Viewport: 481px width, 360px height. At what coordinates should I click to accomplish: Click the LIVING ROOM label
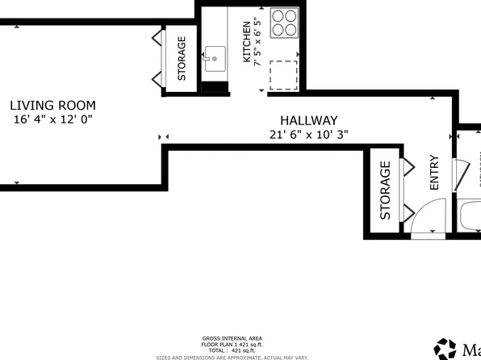[53, 105]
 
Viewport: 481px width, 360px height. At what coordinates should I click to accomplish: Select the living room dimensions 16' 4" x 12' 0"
[53, 119]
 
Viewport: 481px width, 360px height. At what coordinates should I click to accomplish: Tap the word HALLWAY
[309, 120]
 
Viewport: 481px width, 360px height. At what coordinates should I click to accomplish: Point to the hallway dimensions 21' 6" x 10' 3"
[309, 135]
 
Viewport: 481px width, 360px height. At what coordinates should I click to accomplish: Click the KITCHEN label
[248, 42]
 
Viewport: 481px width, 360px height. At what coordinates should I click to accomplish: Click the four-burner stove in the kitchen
[284, 23]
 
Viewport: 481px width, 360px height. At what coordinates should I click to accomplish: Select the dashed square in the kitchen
[283, 75]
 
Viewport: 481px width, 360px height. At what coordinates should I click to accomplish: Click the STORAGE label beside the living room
[182, 59]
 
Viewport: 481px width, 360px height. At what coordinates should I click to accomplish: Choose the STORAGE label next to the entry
[385, 190]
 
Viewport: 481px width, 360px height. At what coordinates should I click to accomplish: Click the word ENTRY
[434, 172]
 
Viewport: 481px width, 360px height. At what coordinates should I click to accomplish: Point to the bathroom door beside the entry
[463, 174]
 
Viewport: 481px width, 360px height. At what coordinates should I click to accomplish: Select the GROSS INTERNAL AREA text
[232, 338]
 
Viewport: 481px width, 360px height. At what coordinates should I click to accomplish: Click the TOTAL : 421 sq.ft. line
[232, 350]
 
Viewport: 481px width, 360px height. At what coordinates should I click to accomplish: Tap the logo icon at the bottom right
[445, 349]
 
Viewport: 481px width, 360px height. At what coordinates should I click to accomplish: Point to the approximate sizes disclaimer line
[232, 356]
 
